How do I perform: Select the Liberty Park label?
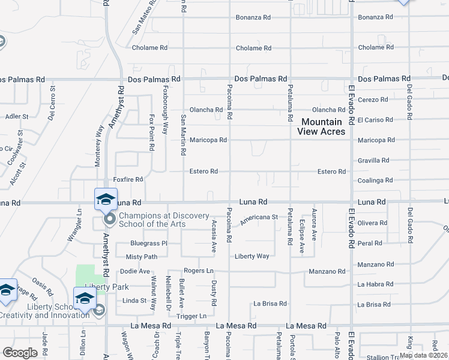point(99,287)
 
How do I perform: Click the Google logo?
point(19,353)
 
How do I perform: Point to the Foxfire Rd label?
point(128,179)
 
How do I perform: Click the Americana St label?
point(259,220)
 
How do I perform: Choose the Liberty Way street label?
point(252,256)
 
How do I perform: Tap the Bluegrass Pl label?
point(148,243)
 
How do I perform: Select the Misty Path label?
point(142,256)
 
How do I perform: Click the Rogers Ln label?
point(199,271)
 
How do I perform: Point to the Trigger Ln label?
point(194,316)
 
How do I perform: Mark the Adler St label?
point(16,116)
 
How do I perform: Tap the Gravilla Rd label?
point(373,160)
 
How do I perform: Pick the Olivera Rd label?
point(372,223)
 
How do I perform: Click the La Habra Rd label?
point(373,284)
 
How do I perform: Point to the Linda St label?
point(134,301)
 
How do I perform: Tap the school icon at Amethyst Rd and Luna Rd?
point(106,199)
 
